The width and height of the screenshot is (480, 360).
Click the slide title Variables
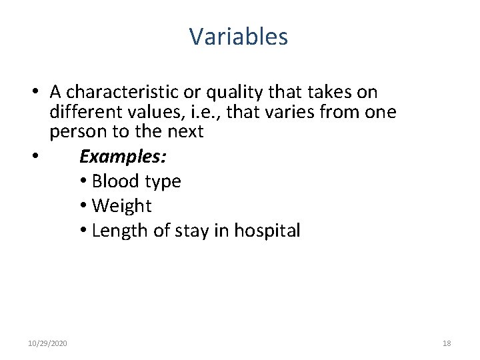[x=239, y=37]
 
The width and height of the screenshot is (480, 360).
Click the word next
[x=181, y=131]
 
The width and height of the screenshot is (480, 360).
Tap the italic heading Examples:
[x=123, y=157]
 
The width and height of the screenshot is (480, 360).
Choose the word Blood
[x=115, y=181]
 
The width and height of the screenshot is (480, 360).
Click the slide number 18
[x=446, y=343]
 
